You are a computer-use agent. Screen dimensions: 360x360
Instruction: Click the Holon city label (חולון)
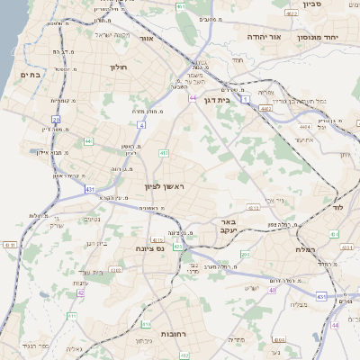pos(121,67)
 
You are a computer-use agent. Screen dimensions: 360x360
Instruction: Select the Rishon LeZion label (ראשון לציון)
pos(165,186)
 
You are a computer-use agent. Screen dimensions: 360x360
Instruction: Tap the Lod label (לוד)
pos(338,207)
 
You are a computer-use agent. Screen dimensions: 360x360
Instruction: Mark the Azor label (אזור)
pos(172,40)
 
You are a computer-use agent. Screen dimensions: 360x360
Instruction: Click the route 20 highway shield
pos(56,119)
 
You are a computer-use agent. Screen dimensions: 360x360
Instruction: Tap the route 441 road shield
pos(87,141)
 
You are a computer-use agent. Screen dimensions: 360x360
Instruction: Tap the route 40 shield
pos(272,290)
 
